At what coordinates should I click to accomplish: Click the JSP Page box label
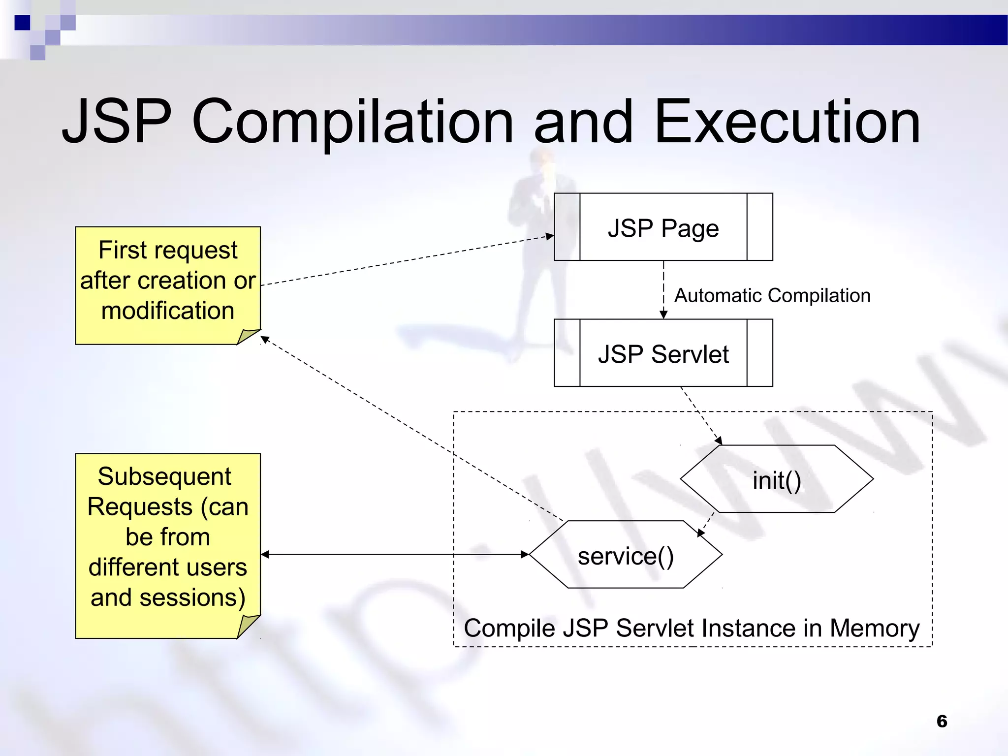tap(663, 228)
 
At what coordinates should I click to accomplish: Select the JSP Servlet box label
tap(663, 354)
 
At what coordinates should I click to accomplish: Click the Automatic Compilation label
tap(772, 295)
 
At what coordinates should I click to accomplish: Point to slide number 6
tap(942, 721)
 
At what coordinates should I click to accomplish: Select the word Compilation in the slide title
tap(352, 123)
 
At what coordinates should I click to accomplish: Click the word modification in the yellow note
tap(168, 311)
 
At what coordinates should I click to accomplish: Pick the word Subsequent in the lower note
tap(164, 476)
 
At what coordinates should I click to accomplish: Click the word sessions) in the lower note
tap(192, 598)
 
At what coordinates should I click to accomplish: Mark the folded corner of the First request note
tap(247, 336)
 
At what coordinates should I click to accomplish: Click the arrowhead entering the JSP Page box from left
tap(550, 237)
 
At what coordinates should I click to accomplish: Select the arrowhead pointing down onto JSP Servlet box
tap(663, 315)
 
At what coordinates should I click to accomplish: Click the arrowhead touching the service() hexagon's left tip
tap(525, 555)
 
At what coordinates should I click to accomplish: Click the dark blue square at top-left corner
tap(22, 23)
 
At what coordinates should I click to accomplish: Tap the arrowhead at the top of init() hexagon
tap(719, 441)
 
